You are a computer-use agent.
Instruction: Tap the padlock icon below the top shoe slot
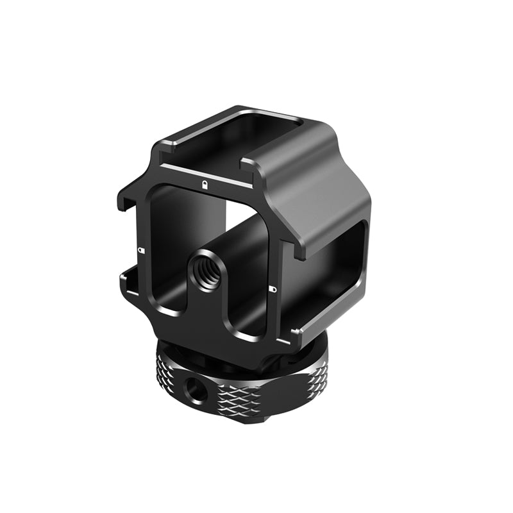click(x=204, y=185)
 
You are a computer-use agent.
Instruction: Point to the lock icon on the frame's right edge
click(x=273, y=289)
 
